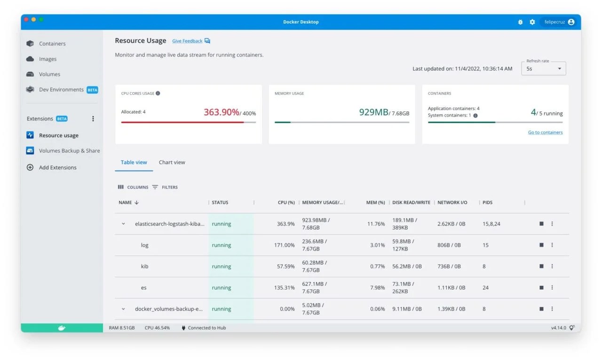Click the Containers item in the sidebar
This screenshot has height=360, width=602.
[52, 44]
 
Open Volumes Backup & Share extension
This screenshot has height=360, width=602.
[69, 151]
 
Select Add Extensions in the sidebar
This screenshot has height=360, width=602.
[57, 167]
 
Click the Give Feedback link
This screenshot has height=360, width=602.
[187, 41]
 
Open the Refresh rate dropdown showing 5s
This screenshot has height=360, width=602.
[543, 69]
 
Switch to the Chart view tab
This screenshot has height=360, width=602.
[172, 163]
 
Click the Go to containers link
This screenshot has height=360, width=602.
[545, 133]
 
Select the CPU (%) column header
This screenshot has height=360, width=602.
[286, 203]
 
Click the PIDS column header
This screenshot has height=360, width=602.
[487, 203]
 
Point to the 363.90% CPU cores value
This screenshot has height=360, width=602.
[221, 112]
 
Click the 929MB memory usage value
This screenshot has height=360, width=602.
[373, 112]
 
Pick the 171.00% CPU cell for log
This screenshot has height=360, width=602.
[284, 245]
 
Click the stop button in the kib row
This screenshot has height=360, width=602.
[541, 266]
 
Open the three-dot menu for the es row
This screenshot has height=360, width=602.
[552, 288]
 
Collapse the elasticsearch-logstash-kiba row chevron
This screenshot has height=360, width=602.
[124, 224]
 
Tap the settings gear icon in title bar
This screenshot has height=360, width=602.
[532, 22]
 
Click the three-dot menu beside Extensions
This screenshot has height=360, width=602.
[93, 119]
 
